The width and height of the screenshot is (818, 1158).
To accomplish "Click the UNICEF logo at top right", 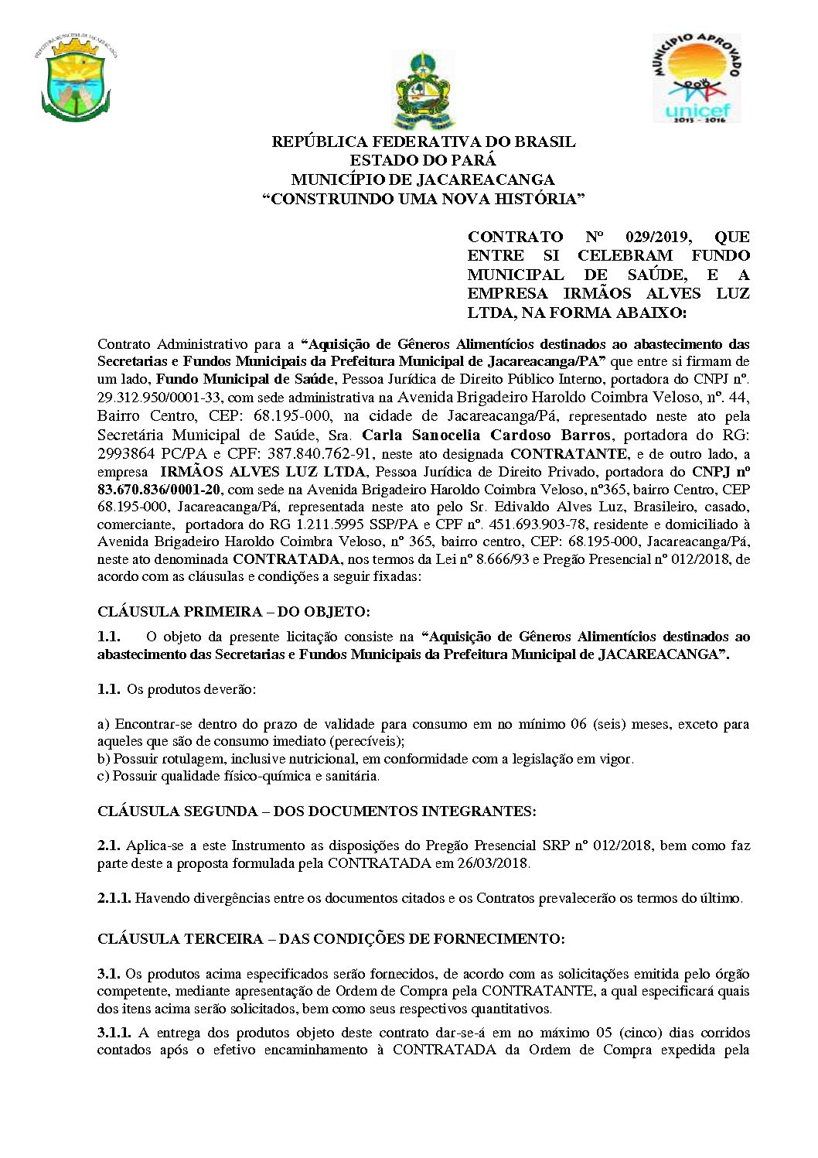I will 696,78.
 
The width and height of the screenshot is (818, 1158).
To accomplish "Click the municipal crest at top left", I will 75,80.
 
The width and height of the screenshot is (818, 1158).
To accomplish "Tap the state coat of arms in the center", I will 424,90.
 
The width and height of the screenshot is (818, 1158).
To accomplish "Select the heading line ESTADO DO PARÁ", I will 423,161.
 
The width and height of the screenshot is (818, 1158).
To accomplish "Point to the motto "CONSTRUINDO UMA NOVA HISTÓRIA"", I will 424,199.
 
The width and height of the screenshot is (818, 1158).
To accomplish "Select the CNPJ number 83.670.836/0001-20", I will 158,490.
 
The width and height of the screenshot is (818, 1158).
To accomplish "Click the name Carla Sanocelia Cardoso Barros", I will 486,435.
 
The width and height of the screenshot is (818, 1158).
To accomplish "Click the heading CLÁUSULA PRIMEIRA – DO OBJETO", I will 233,612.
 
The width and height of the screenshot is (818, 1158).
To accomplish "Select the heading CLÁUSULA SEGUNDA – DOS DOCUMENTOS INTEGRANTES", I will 316,811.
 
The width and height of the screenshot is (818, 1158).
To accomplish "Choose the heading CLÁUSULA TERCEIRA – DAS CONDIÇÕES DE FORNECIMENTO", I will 331,939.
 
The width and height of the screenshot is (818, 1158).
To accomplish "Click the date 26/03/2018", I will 493,863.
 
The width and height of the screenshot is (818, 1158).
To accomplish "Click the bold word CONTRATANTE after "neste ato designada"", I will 568,454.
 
